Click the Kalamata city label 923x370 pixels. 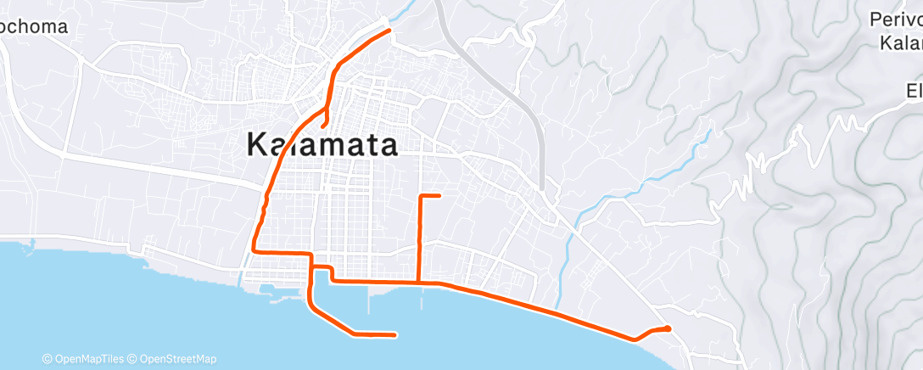322,144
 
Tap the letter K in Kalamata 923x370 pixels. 257,144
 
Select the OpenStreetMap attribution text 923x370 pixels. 178,359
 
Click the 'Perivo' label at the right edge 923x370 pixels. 897,20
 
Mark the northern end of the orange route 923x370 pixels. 389,31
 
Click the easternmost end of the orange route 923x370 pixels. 668,328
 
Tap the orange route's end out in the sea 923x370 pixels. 395,335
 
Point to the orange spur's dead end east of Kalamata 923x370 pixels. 439,196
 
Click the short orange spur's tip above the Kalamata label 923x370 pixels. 324,126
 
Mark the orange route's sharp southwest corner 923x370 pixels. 255,251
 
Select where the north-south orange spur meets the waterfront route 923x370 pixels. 419,282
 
